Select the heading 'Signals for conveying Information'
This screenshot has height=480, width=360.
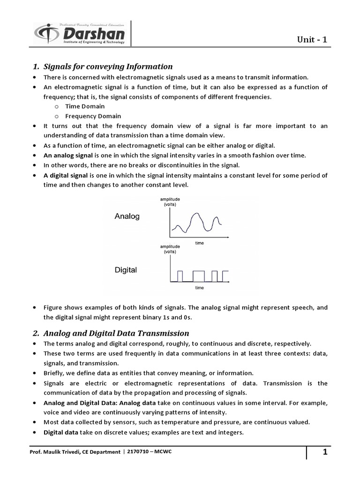[x=108, y=67]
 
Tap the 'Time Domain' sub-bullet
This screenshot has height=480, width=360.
[x=85, y=106]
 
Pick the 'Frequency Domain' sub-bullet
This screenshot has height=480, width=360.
[x=93, y=116]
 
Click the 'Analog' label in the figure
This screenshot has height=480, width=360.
[x=127, y=217]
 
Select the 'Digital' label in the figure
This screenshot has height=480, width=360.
[x=126, y=270]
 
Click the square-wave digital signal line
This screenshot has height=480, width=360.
[x=199, y=276]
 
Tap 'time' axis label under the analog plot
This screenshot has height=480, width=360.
[x=199, y=243]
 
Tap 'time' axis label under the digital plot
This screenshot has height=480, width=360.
[x=199, y=287]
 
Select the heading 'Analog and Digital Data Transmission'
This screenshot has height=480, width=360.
[x=116, y=333]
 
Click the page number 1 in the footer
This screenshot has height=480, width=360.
[x=324, y=452]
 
